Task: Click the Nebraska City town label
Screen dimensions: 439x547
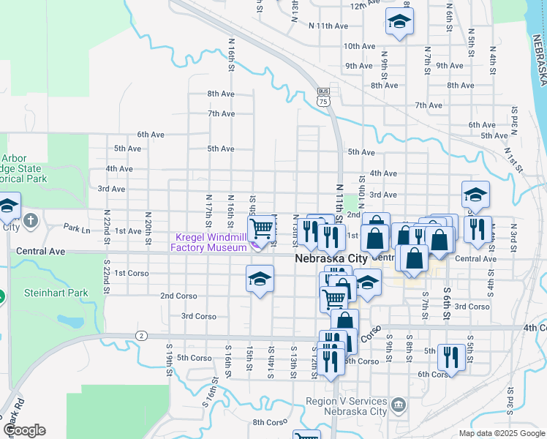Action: click(333, 259)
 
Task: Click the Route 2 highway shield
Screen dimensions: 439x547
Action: click(141, 336)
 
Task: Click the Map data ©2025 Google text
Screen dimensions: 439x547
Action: click(501, 433)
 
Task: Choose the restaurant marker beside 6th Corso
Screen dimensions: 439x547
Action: click(451, 358)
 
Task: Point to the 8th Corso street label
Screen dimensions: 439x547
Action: click(268, 422)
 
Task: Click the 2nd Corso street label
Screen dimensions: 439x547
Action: click(178, 296)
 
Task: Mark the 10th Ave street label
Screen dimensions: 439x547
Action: click(360, 46)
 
